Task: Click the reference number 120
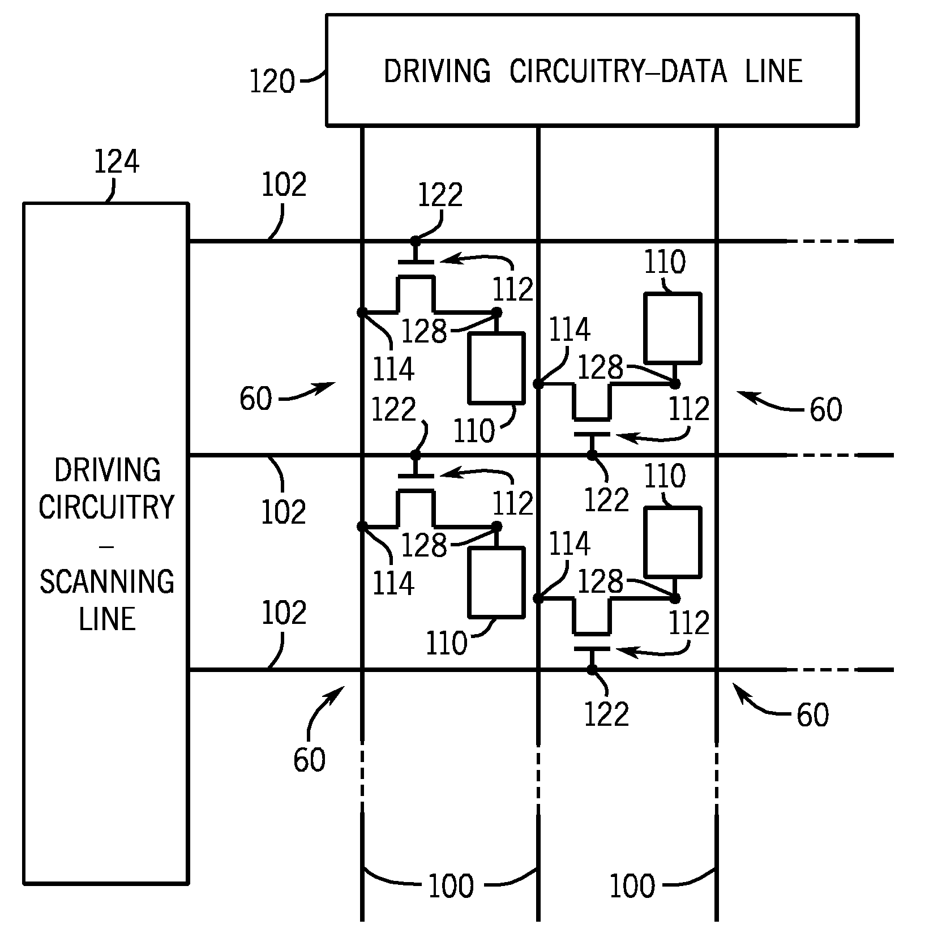point(272,82)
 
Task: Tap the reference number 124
point(117,162)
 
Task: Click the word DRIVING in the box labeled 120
point(437,71)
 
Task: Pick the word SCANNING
point(107,581)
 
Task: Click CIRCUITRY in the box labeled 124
point(107,506)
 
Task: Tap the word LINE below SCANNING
point(107,618)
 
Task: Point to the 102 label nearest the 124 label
point(284,185)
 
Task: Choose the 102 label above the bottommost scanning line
point(284,613)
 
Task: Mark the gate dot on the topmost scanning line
point(416,241)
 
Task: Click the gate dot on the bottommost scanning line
point(592,670)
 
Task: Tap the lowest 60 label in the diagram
point(309,759)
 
